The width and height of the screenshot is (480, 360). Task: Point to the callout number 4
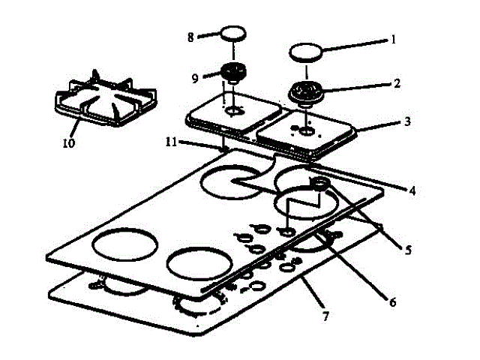[411, 190]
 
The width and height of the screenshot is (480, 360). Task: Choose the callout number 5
[407, 250]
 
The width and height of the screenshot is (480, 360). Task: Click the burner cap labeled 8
[233, 35]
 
